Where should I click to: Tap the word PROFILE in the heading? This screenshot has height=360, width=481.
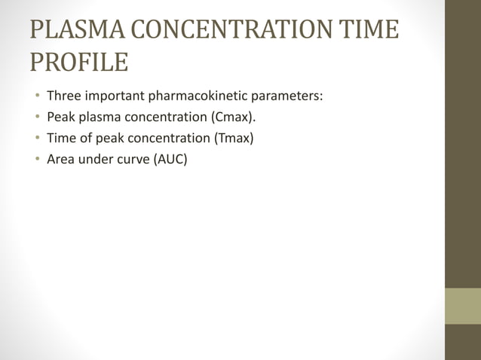(78, 63)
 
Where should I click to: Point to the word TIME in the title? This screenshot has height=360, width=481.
(364, 30)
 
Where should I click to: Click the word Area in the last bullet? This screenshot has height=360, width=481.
(60, 159)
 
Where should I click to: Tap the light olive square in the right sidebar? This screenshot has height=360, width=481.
(463, 306)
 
